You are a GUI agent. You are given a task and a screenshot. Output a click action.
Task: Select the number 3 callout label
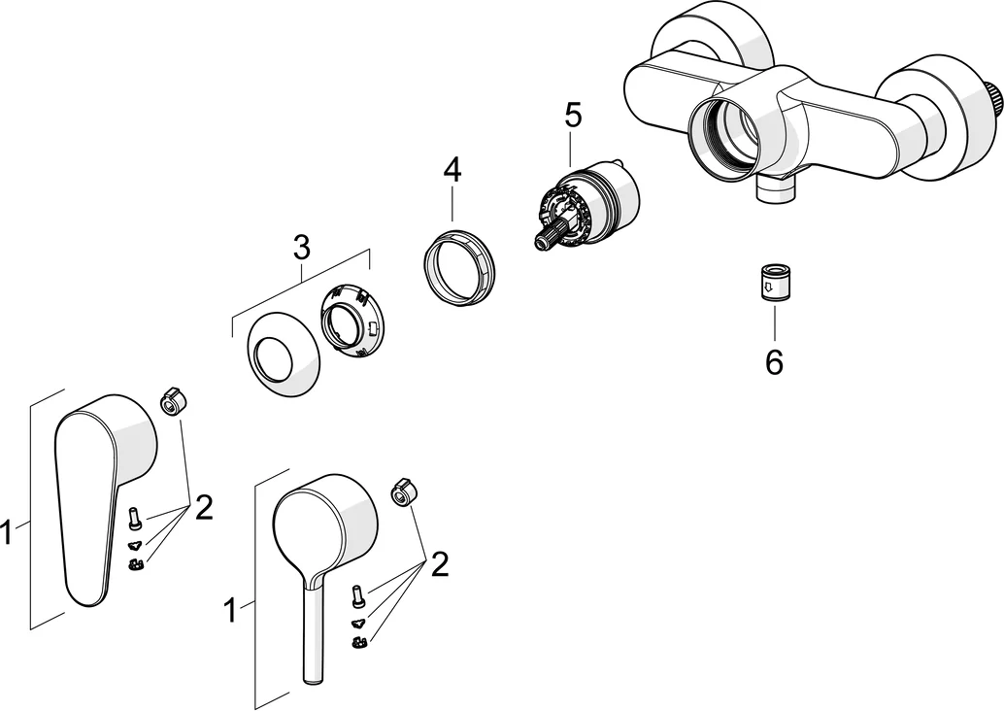(301, 247)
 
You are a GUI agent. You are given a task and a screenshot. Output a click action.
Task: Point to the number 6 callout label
(774, 361)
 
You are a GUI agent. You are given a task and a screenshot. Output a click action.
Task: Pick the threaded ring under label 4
(459, 264)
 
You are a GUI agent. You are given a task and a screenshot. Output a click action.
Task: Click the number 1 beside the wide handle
(7, 532)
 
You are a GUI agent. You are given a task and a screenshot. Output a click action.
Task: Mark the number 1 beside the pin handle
(230, 611)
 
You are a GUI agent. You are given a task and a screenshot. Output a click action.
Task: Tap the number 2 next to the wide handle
(203, 506)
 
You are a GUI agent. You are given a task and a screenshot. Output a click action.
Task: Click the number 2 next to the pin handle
(439, 564)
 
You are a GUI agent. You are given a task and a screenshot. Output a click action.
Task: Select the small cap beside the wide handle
(171, 400)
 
